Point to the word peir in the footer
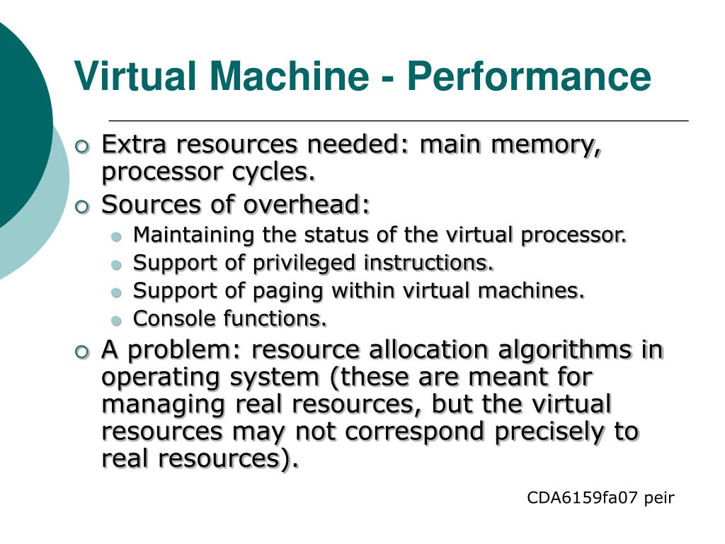pos(660,498)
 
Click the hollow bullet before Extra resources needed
pos(83,147)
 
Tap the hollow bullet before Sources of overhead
pos(83,206)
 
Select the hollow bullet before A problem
pos(83,351)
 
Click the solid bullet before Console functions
pos(118,321)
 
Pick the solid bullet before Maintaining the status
pos(118,236)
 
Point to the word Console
pos(176,319)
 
